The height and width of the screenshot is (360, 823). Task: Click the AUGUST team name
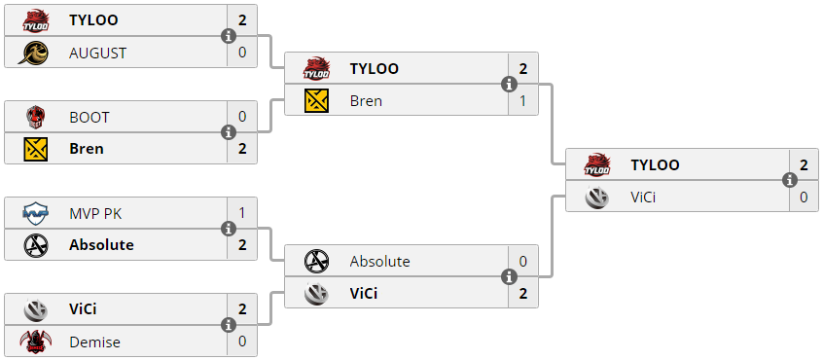(x=97, y=53)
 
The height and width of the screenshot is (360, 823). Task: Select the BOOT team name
(x=89, y=117)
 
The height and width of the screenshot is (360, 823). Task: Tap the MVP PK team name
(x=95, y=214)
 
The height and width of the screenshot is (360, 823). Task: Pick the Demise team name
(x=95, y=342)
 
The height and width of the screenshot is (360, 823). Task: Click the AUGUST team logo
(x=33, y=53)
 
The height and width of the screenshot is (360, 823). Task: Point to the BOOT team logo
(x=36, y=117)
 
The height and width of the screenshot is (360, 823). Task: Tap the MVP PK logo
(x=36, y=214)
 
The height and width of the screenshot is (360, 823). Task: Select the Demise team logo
(x=36, y=342)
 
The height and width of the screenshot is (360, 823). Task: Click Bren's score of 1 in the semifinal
(x=522, y=101)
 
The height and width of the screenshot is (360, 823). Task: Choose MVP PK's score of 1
(x=242, y=214)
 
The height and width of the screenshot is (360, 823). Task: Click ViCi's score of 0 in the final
(x=804, y=198)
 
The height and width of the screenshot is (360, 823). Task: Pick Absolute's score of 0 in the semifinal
(x=522, y=262)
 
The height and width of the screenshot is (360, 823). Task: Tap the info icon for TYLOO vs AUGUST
(x=229, y=36)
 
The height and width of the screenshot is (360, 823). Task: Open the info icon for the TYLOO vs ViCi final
(x=790, y=181)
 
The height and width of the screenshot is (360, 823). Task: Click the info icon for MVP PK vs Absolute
(x=229, y=230)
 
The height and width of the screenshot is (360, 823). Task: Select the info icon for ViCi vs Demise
(x=229, y=325)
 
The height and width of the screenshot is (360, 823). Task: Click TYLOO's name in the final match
(x=655, y=164)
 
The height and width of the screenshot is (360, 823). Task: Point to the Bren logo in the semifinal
(x=316, y=101)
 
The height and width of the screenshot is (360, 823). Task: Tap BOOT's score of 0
(x=242, y=117)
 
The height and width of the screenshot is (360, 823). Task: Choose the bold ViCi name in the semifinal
(x=364, y=294)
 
